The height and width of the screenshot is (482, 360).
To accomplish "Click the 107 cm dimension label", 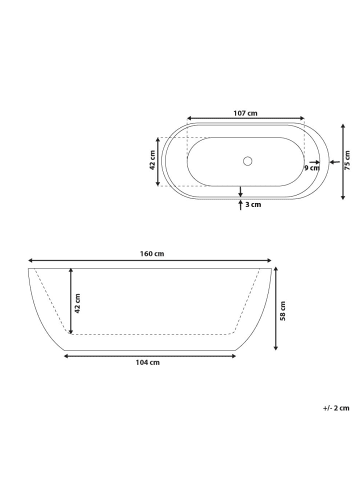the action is click(x=245, y=113).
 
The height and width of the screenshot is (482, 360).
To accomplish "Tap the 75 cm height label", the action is click(x=348, y=160).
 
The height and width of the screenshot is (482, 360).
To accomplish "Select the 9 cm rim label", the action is click(x=312, y=168).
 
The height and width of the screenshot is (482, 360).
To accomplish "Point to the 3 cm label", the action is click(x=253, y=205).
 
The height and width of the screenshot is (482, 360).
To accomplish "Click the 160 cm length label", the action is click(x=152, y=254).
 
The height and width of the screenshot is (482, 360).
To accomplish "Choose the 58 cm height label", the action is click(x=283, y=311).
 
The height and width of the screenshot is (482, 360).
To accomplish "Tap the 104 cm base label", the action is click(x=148, y=362).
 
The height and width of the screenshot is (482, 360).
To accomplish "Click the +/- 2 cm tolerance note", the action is click(x=336, y=408).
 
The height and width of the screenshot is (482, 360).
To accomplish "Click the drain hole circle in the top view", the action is click(x=247, y=161).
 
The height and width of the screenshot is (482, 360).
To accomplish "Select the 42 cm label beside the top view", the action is click(x=152, y=160).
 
